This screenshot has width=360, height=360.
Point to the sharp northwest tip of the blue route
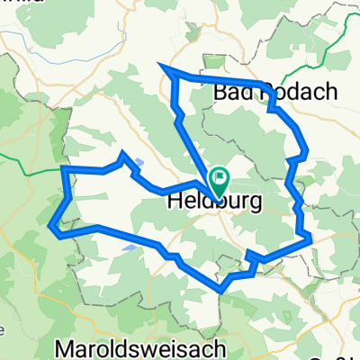click(x=160, y=67)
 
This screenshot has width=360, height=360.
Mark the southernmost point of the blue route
click(x=221, y=290)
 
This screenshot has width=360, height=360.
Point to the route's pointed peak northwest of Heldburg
click(x=123, y=155)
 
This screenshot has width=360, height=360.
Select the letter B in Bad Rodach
click(x=219, y=92)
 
